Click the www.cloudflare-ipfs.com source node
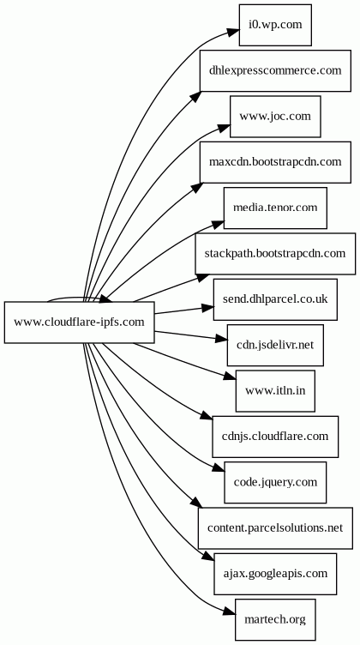pyautogui.click(x=80, y=322)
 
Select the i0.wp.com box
pyautogui.click(x=275, y=25)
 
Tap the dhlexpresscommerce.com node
pyautogui.click(x=275, y=70)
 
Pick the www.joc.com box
pyautogui.click(x=275, y=117)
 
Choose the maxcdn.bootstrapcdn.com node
pyautogui.click(x=275, y=162)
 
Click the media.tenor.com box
pyautogui.click(x=275, y=208)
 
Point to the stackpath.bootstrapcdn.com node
pyautogui.click(x=275, y=254)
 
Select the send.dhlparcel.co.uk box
pyautogui.click(x=275, y=299)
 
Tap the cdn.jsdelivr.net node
pyautogui.click(x=275, y=345)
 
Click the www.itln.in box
pyautogui.click(x=275, y=391)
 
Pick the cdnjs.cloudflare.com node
pyautogui.click(x=275, y=437)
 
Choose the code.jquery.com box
pyautogui.click(x=275, y=482)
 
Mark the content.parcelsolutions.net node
pyautogui.click(x=275, y=527)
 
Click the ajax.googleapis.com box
pyautogui.click(x=275, y=574)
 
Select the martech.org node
pyautogui.click(x=275, y=619)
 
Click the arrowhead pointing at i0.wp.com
pyautogui.click(x=232, y=33)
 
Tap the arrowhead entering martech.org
pyautogui.click(x=229, y=612)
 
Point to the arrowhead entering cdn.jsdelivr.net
pyautogui.click(x=220, y=339)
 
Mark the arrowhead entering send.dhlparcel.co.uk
pyautogui.click(x=207, y=306)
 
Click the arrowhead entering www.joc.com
pyautogui.click(x=223, y=127)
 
